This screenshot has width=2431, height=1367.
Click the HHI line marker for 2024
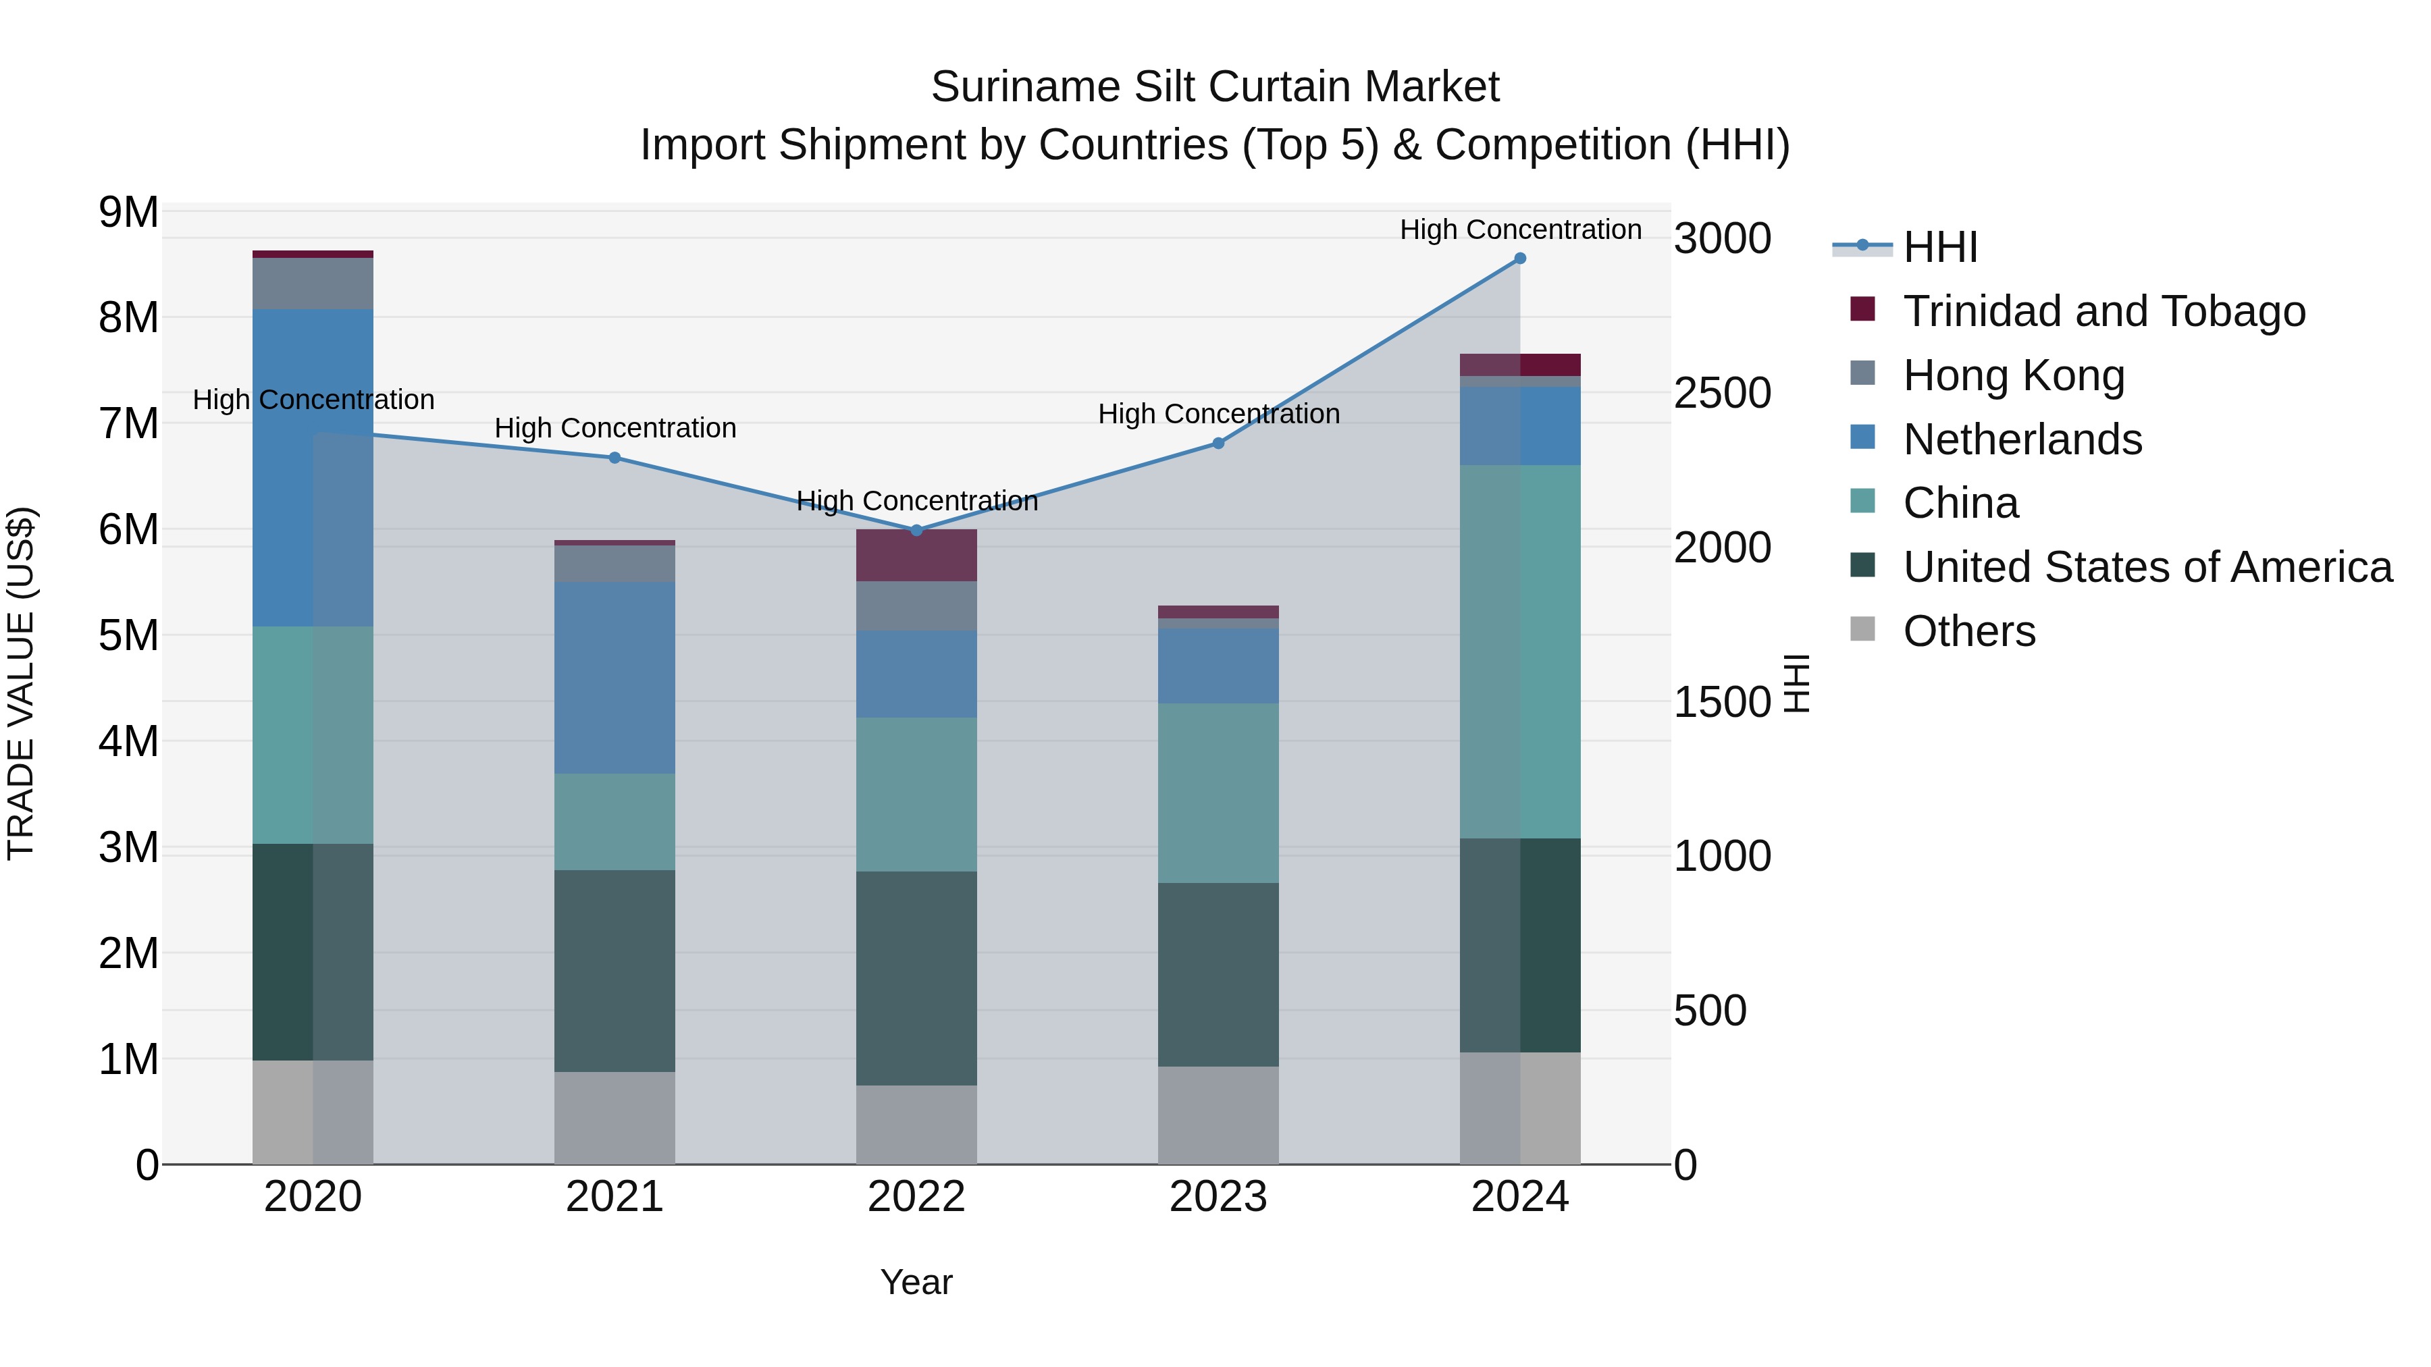[x=1519, y=259]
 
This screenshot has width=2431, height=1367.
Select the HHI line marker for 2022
[x=916, y=530]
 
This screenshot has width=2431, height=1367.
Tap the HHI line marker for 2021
[x=615, y=458]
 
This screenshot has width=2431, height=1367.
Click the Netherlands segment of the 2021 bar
[x=615, y=677]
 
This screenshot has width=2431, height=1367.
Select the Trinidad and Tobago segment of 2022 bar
[x=916, y=556]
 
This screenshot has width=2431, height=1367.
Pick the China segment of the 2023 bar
[x=1218, y=793]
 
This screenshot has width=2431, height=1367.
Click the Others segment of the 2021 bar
[x=615, y=1118]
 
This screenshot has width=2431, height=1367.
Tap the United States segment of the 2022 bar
[x=916, y=977]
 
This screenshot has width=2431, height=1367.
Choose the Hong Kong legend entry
[x=2013, y=375]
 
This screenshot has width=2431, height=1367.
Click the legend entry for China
[x=1960, y=503]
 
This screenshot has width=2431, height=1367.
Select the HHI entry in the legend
[x=1939, y=247]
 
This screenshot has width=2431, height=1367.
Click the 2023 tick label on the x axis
[x=1218, y=1197]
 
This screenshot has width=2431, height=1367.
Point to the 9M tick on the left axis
[x=128, y=212]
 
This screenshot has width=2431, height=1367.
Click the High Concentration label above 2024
[x=1519, y=230]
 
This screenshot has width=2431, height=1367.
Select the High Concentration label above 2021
[x=615, y=428]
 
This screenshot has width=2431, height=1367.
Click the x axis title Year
[x=916, y=1282]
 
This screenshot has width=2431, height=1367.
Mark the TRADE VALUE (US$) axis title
[x=21, y=683]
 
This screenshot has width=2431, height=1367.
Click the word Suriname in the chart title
[x=1025, y=87]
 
